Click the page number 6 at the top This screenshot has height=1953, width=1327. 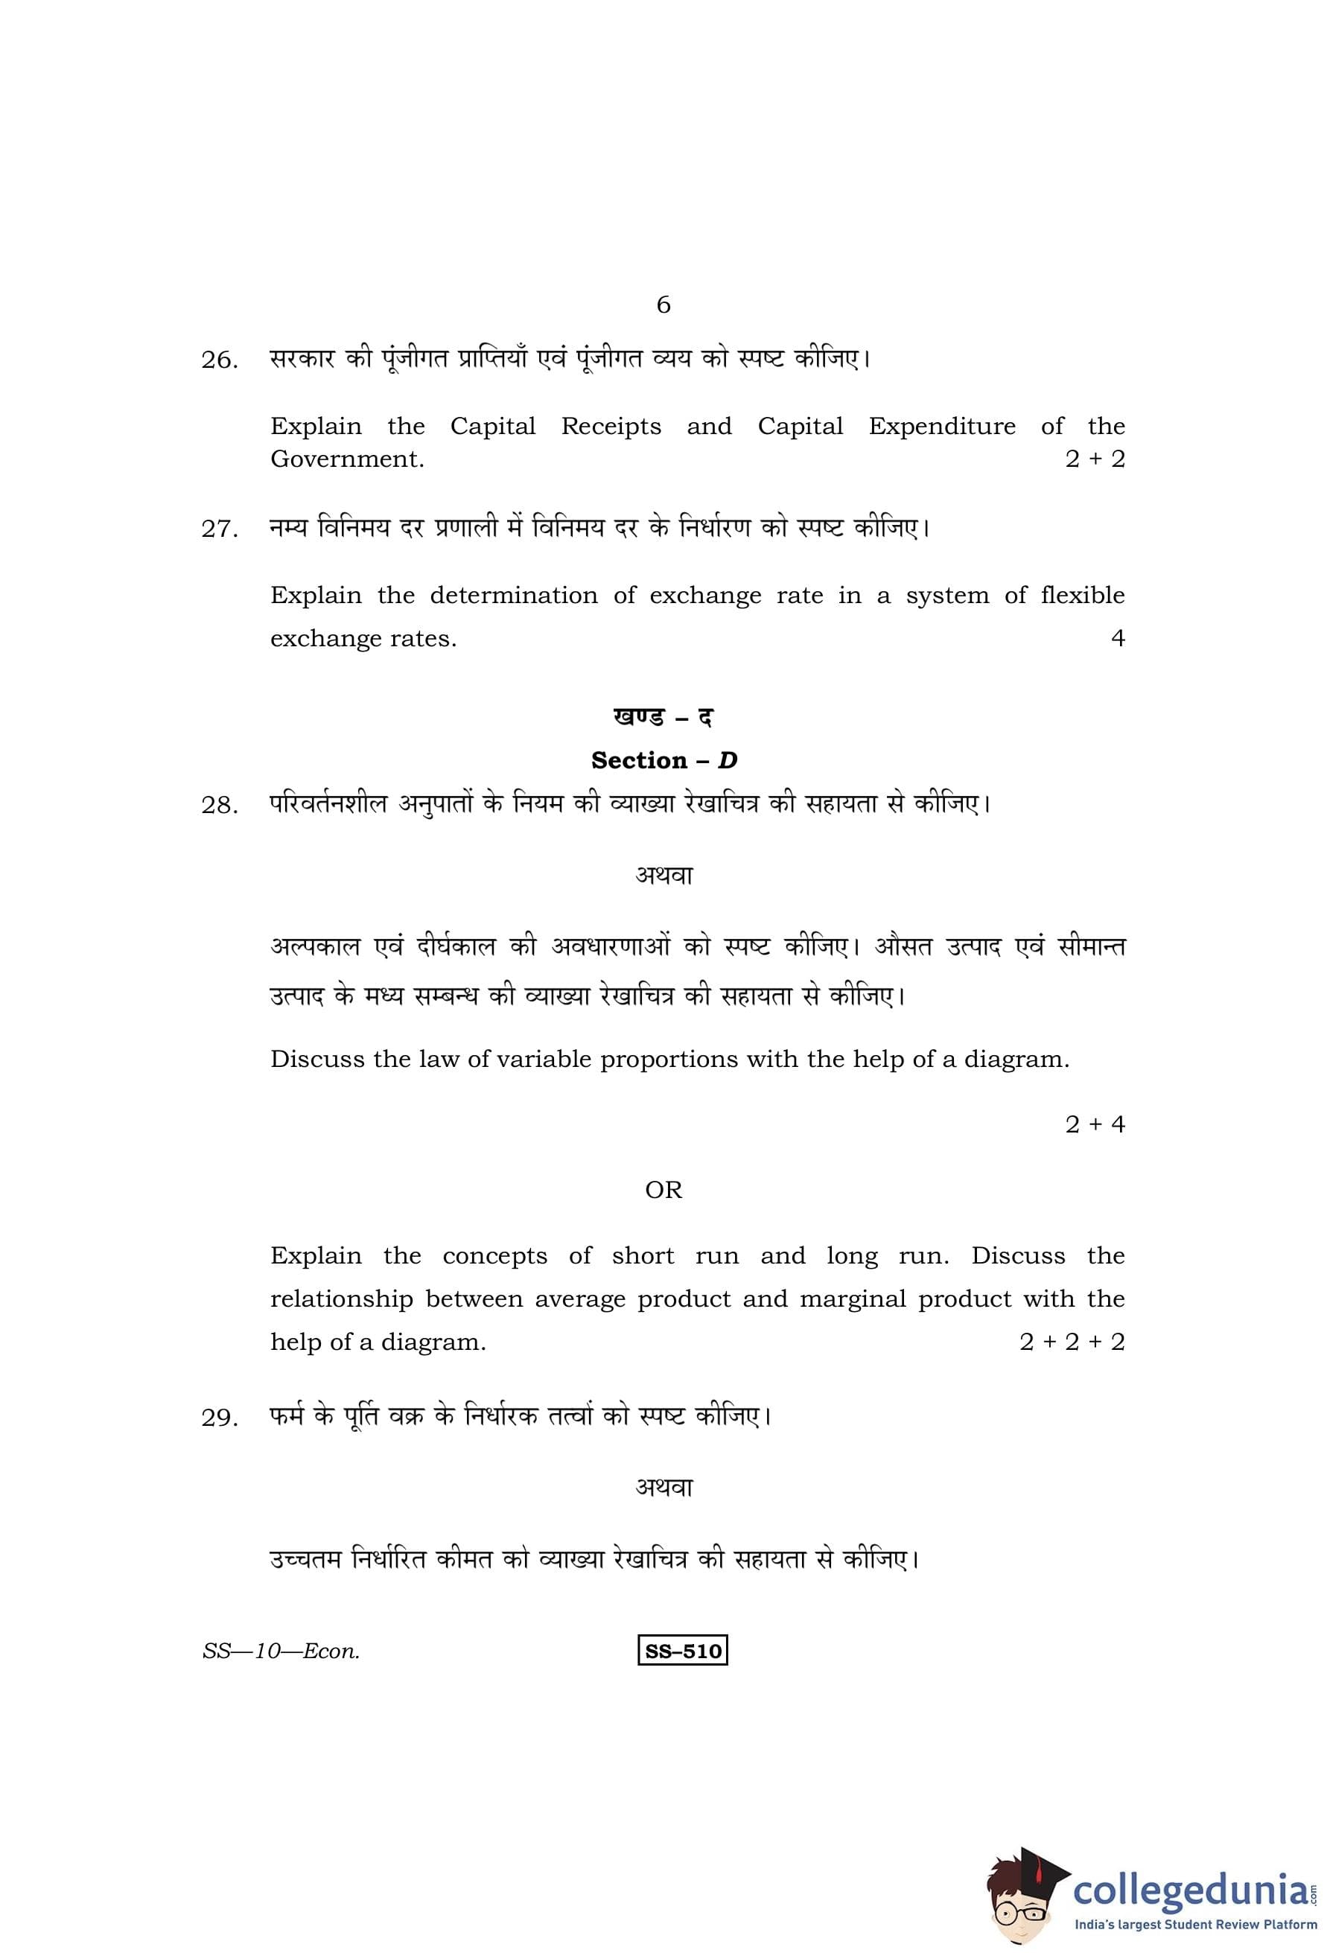click(x=663, y=305)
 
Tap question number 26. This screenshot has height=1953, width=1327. click(x=220, y=360)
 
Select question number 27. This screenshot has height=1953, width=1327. click(x=220, y=529)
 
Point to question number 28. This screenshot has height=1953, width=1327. click(x=220, y=806)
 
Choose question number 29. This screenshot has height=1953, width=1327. click(x=220, y=1418)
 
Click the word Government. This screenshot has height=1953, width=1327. click(x=347, y=459)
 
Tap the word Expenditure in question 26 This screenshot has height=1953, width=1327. click(x=941, y=426)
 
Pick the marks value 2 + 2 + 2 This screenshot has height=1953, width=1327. click(x=1072, y=1342)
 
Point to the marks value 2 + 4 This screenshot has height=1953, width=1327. click(x=1094, y=1124)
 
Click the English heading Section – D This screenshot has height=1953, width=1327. click(x=663, y=760)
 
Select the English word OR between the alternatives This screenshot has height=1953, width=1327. click(x=663, y=1190)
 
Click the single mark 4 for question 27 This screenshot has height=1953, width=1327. click(x=1117, y=639)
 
